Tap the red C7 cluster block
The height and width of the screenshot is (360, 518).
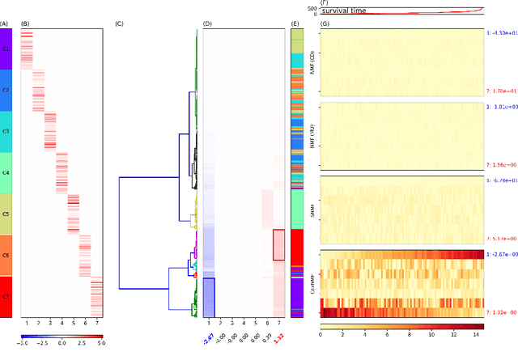(6, 296)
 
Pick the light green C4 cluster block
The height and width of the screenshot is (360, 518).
(6, 172)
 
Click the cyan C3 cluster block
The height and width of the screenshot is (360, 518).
(6, 131)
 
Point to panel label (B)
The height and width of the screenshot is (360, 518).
(25, 23)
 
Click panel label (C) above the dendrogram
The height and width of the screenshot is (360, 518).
(120, 23)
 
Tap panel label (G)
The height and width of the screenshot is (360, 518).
(325, 23)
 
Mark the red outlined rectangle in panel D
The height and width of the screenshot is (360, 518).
(278, 245)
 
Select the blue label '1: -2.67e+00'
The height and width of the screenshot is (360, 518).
(501, 254)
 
